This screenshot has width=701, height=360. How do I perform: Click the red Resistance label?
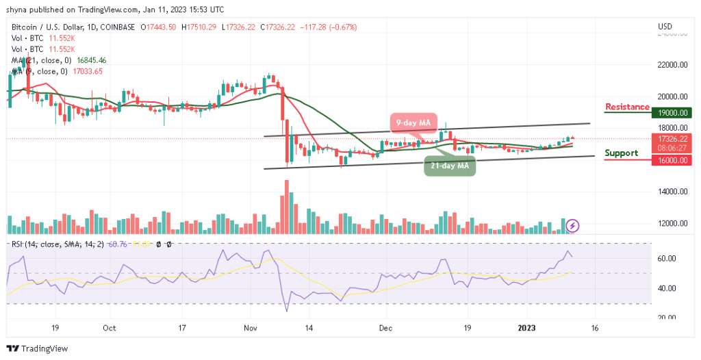[x=627, y=107]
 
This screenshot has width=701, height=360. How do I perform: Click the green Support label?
[x=622, y=153]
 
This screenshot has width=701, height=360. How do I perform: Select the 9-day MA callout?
[x=415, y=123]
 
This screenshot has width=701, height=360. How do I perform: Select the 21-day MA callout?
[x=450, y=166]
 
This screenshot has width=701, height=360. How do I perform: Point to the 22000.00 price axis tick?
[x=670, y=65]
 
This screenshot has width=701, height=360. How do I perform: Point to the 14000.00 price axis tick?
[x=670, y=192]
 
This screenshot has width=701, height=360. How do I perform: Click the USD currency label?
[x=665, y=27]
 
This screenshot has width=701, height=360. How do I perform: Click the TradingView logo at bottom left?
[x=38, y=348]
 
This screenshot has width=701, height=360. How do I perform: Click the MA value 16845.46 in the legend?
[x=92, y=60]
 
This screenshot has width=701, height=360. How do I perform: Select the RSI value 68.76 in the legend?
[x=125, y=244]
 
